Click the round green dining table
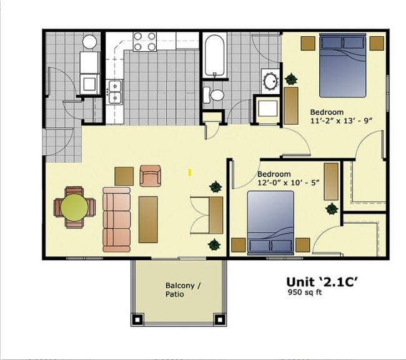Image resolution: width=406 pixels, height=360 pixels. pyautogui.click(x=74, y=207)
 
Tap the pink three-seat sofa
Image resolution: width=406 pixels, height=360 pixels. pyautogui.click(x=116, y=218)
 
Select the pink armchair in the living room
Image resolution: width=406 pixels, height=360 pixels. pyautogui.click(x=151, y=175)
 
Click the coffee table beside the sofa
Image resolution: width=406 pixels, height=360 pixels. pyautogui.click(x=148, y=219)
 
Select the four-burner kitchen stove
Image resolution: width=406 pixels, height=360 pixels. pyautogui.click(x=145, y=42)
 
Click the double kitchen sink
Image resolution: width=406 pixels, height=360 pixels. pyautogui.click(x=115, y=92)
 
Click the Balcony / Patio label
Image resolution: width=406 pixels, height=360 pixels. pyautogui.click(x=183, y=289)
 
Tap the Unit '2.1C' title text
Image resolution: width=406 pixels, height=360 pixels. pyautogui.click(x=322, y=281)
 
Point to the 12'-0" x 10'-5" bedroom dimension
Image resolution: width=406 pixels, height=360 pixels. pyautogui.click(x=289, y=183)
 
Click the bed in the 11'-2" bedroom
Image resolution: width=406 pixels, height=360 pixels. pyautogui.click(x=343, y=65)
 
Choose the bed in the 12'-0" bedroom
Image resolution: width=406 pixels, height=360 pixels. pyautogui.click(x=270, y=223)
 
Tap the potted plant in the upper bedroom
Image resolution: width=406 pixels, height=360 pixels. pyautogui.click(x=290, y=79)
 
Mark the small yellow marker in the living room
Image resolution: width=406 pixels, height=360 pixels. pyautogui.click(x=191, y=171)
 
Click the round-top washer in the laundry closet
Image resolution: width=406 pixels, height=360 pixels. pyautogui.click(x=90, y=42)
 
